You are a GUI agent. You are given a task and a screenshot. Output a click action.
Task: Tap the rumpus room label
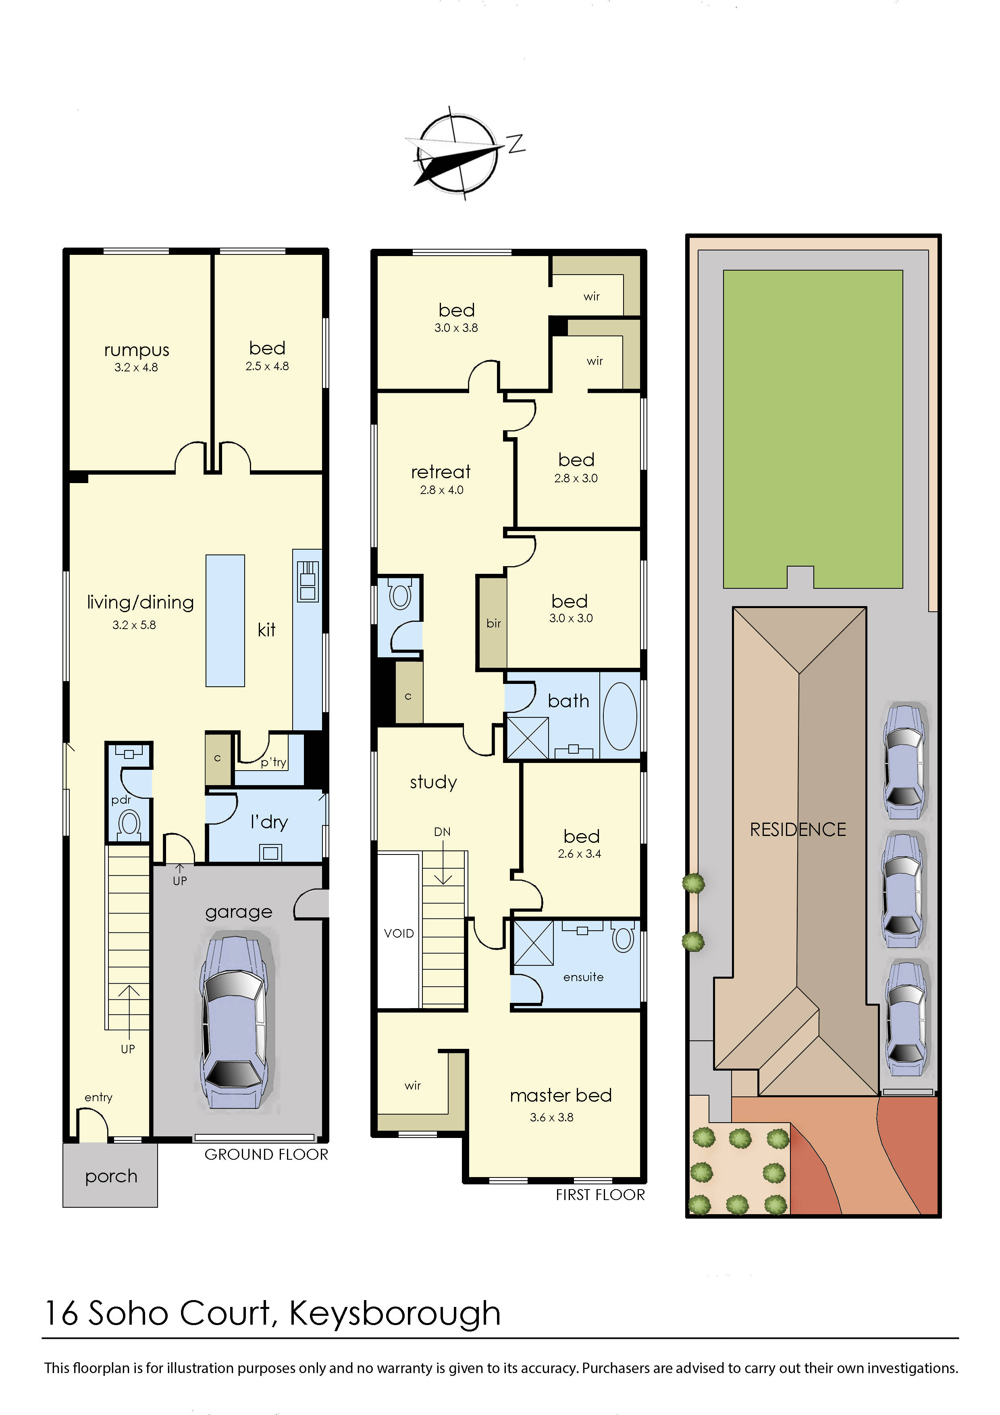pos(136,350)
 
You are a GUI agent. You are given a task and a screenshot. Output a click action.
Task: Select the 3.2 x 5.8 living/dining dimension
pos(134,625)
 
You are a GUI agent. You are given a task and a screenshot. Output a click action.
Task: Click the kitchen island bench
pos(225,621)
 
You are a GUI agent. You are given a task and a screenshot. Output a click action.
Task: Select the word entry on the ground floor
pos(99,1097)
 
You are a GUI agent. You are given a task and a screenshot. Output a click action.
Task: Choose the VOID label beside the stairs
pos(399,933)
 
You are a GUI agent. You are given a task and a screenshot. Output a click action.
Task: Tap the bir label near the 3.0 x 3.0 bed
pos(493,623)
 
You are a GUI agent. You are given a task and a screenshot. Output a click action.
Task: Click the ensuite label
pos(583,977)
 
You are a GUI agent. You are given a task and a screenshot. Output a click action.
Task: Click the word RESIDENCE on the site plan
pos(798,829)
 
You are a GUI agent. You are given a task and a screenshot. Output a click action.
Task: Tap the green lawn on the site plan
pos(813,419)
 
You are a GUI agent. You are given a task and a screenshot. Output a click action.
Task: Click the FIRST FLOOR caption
pos(600,1194)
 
